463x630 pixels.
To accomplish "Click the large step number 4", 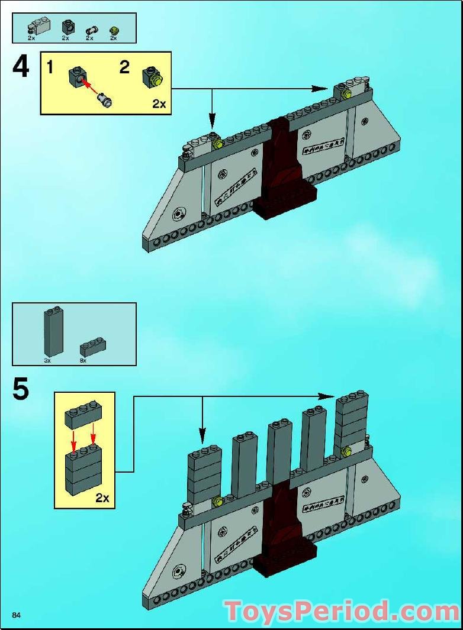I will (x=20, y=67).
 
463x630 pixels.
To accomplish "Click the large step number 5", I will (x=20, y=390).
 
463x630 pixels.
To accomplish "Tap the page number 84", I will (x=16, y=616).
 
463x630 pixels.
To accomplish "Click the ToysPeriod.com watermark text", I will (x=341, y=611).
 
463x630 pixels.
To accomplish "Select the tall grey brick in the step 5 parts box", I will (x=52, y=332).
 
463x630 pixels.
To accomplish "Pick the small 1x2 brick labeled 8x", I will (x=92, y=347).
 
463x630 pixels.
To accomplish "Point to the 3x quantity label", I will (x=47, y=360).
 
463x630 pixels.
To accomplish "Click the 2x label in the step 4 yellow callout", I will (x=159, y=104).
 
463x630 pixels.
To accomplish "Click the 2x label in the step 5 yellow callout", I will (x=102, y=497).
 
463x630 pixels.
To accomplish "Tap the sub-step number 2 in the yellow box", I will (x=124, y=67).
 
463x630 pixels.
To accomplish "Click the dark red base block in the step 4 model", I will (x=284, y=198).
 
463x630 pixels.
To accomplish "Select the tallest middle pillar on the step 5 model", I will (x=278, y=453).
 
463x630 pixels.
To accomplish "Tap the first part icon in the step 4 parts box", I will (x=38, y=26).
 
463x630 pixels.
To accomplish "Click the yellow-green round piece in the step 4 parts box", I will (x=113, y=30).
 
